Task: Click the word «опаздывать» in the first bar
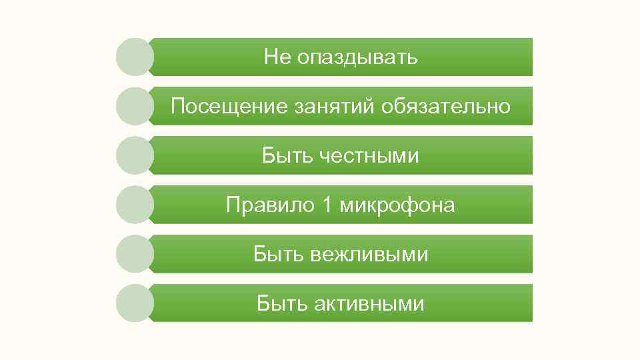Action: point(357,57)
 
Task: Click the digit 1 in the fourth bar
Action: point(326,205)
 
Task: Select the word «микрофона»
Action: point(397,205)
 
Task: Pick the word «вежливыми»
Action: point(369,254)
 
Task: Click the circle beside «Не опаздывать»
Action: point(135,57)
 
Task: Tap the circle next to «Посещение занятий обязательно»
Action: point(135,106)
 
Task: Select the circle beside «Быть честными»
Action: point(135,155)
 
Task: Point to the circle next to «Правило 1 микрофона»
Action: point(135,205)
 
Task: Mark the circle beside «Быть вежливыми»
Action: point(135,254)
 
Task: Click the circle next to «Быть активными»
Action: point(135,303)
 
